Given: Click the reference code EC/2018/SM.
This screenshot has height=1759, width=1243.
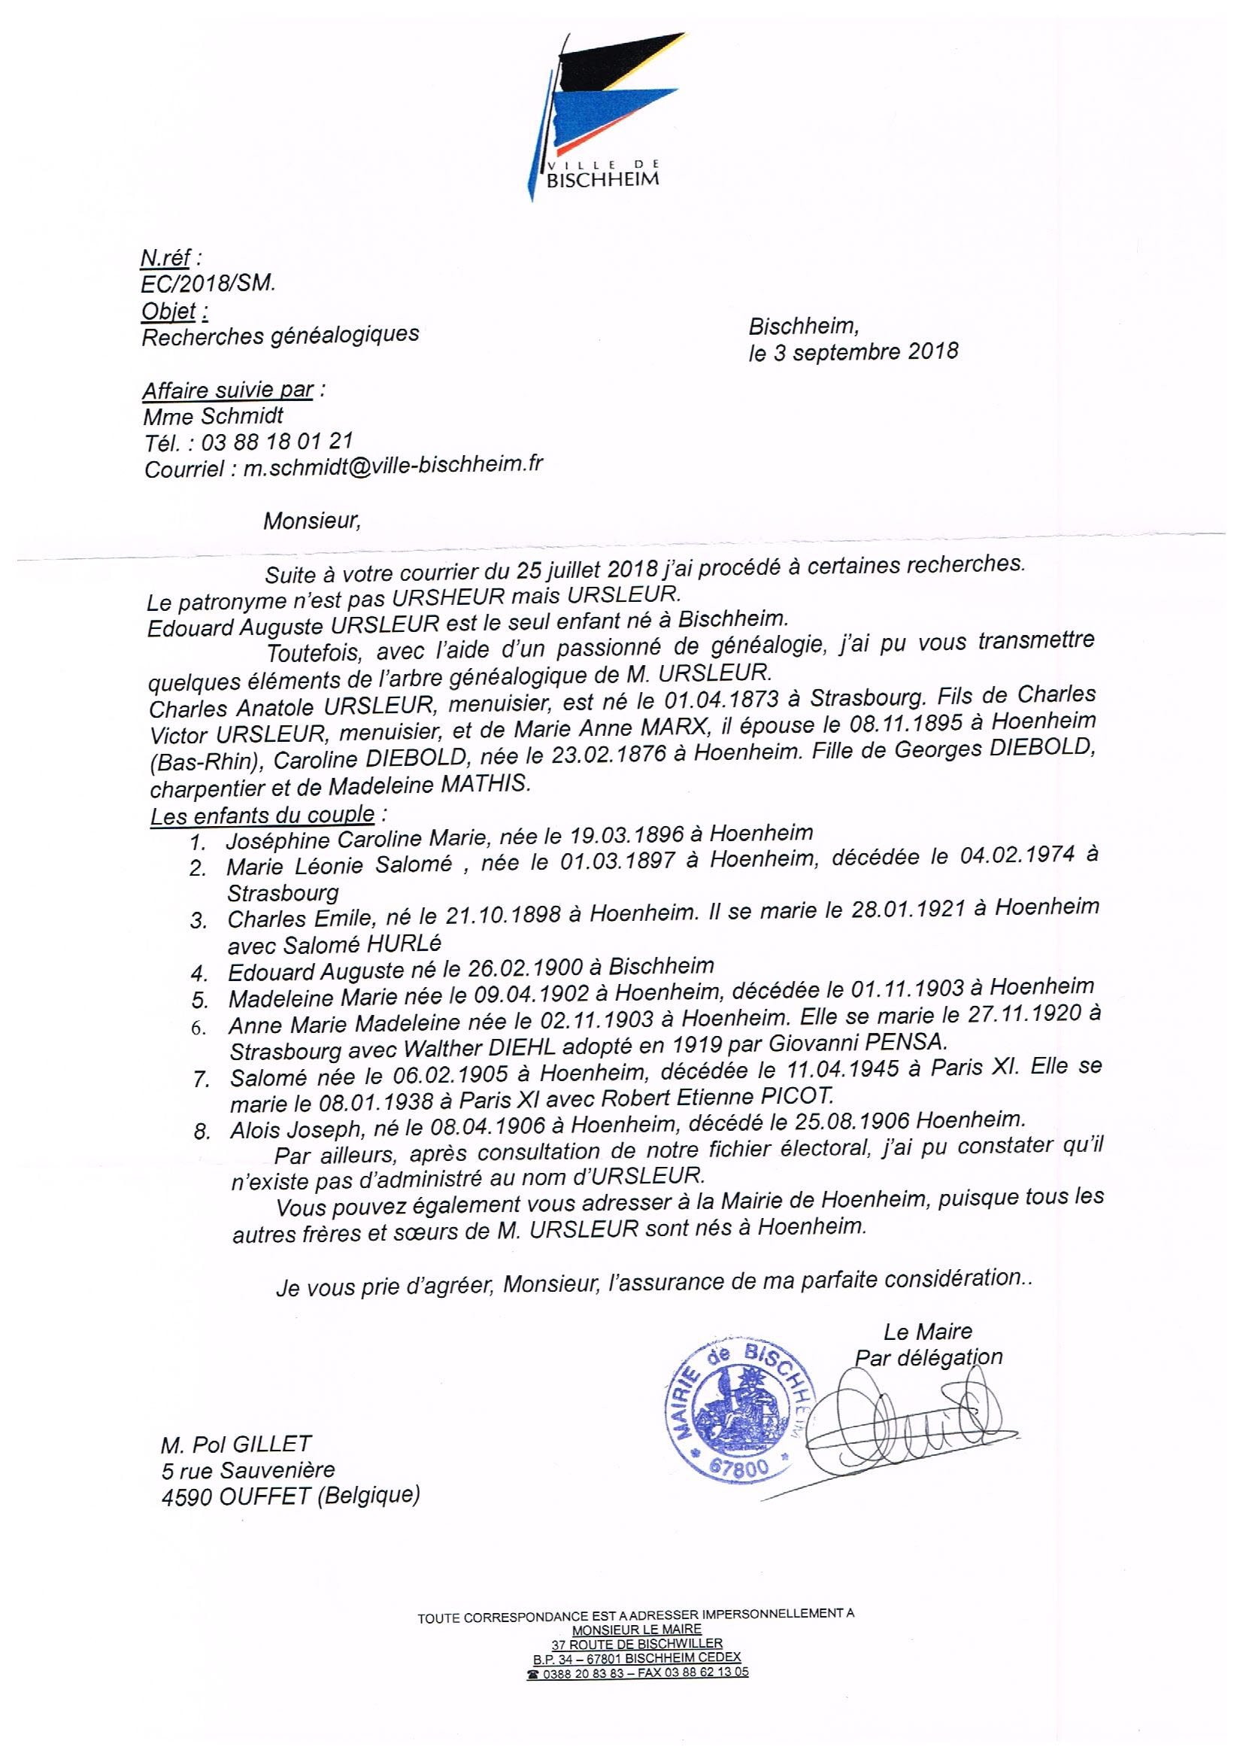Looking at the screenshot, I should [208, 284].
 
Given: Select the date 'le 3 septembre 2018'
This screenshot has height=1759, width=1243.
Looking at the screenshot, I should [853, 351].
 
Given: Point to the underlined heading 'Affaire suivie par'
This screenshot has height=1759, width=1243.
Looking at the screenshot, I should [227, 390].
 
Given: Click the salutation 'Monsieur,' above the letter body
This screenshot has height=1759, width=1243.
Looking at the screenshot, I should [312, 521].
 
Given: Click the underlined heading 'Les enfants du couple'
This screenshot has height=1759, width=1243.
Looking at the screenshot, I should [262, 815].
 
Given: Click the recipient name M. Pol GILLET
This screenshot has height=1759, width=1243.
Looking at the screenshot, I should [236, 1445].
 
